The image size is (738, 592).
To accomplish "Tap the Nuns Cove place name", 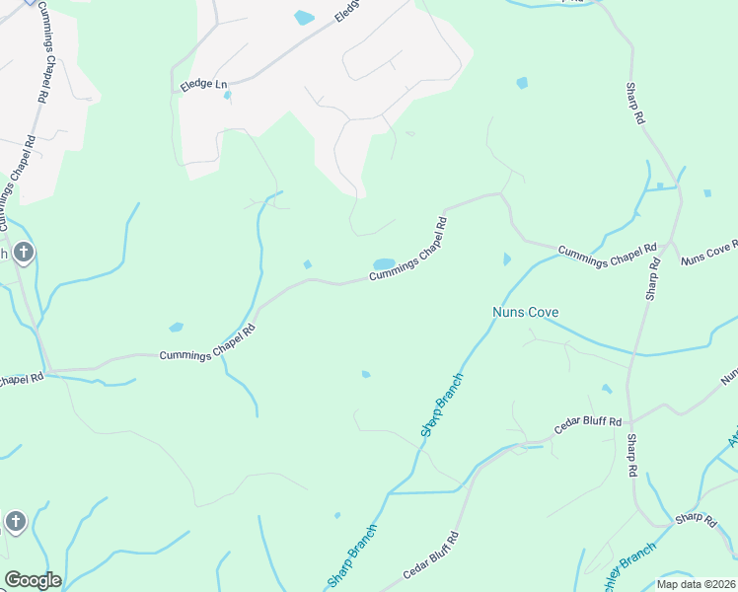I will [526, 313].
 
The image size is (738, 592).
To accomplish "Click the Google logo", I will [33, 580].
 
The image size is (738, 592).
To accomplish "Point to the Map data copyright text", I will [697, 584].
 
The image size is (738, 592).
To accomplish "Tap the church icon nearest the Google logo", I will [15, 521].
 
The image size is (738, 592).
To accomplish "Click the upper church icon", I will [24, 253].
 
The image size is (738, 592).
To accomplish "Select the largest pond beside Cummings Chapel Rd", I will [384, 263].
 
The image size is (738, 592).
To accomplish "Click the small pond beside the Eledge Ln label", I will [228, 96].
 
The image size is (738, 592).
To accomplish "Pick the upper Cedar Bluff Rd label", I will [588, 422].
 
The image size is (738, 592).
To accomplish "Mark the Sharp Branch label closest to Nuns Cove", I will [441, 405].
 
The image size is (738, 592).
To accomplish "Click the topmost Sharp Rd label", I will [634, 102].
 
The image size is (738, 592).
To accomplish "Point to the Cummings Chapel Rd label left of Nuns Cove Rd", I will [607, 252].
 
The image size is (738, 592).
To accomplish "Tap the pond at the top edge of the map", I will [304, 17].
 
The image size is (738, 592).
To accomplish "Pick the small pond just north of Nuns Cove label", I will [507, 259].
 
